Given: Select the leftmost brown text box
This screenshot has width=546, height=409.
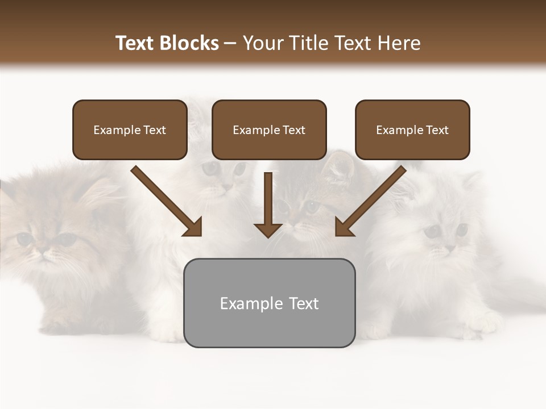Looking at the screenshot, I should pos(130,130).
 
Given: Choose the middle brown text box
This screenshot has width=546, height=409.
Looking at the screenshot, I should pos(269,130).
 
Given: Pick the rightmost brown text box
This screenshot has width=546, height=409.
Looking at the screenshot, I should pos(412,130).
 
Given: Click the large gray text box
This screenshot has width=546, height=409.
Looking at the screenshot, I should pos(269,303).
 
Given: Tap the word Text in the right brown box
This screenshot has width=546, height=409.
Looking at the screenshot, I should pos(437,130).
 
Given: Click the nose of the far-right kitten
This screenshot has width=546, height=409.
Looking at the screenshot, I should pos(449,249).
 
